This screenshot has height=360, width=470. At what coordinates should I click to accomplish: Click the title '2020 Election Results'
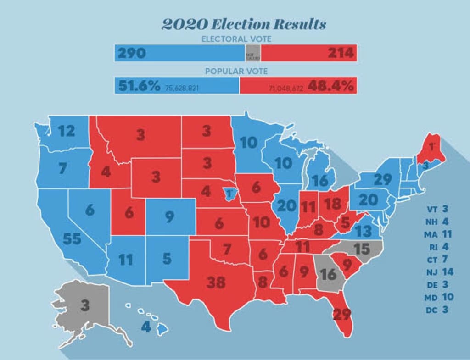coord(244,24)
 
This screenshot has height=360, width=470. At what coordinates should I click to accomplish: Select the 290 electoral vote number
coord(132,53)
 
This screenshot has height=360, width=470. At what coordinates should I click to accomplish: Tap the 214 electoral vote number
coord(341,53)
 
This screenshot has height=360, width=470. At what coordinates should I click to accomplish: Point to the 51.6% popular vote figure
coord(139,86)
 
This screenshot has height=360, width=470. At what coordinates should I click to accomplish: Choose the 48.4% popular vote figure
coord(330,86)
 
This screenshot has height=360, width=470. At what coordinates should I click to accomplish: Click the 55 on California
coord(72,239)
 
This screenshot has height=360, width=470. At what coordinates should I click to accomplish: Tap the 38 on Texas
coord(215,282)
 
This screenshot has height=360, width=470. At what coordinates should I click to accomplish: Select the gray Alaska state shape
coord(85,307)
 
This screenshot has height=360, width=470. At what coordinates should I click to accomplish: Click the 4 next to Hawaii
coord(145,327)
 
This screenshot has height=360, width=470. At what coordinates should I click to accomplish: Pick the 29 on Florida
coord(341,315)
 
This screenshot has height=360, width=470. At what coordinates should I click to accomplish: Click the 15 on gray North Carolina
coord(362,249)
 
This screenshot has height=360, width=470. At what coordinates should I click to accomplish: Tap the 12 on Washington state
coord(66,132)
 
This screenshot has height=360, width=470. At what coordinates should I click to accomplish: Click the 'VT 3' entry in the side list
coord(438,209)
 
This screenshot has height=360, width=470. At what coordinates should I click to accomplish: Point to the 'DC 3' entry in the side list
coord(438,310)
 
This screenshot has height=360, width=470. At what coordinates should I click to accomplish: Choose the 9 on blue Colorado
coord(169,216)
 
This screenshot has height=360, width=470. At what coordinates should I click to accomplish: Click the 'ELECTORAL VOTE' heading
coord(236,39)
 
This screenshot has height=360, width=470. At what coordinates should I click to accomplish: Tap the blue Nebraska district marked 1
coord(228,193)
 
